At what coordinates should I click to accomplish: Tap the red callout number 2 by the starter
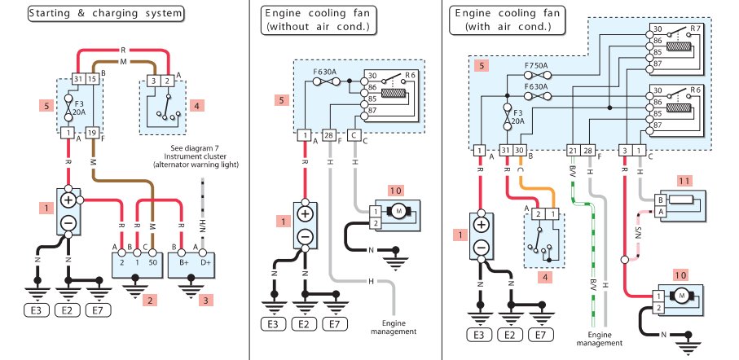(148, 301)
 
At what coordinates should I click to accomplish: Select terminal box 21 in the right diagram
(572, 150)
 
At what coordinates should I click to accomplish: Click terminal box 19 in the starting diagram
(93, 132)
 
